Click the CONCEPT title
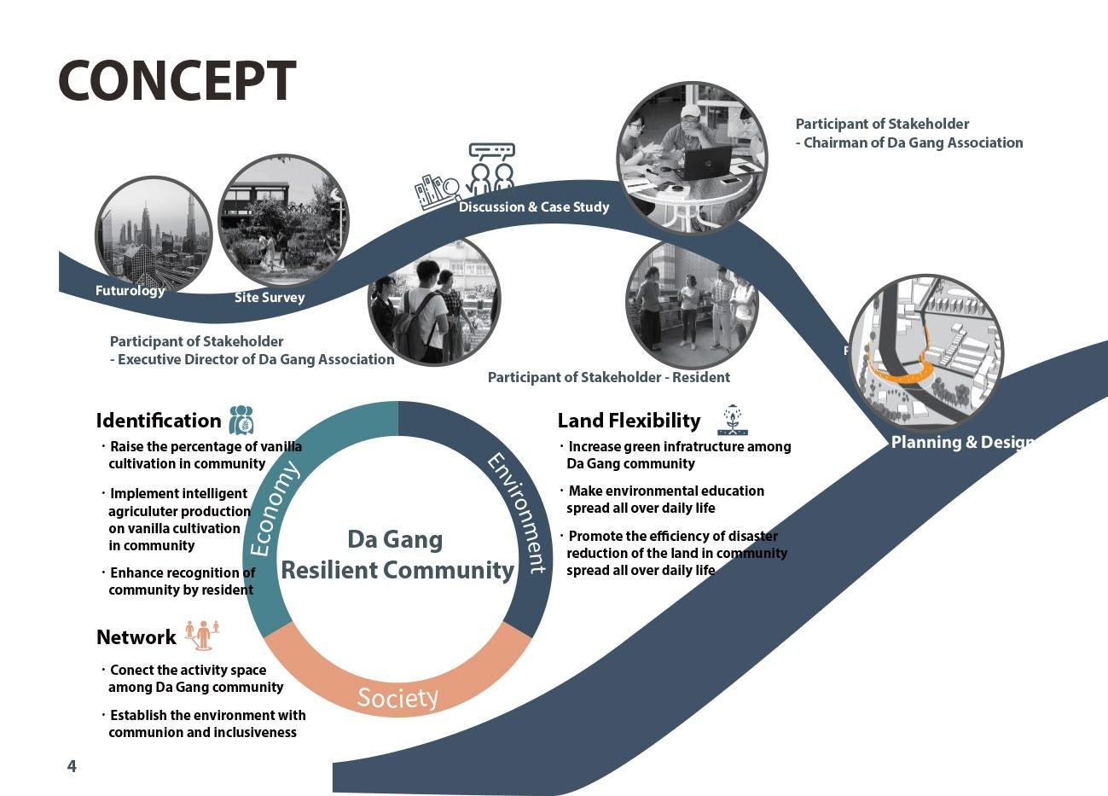(177, 81)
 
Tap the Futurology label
(130, 291)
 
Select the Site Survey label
(270, 298)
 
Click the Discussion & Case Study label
(534, 207)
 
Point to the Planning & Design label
(962, 442)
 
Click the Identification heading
(159, 421)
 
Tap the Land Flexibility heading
(629, 421)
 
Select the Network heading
(136, 637)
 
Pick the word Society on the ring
(397, 698)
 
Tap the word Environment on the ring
(517, 513)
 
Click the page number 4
(72, 766)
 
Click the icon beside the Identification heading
(241, 420)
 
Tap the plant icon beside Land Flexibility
(732, 420)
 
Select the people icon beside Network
(202, 635)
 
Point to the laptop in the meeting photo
(704, 162)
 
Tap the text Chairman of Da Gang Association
(913, 142)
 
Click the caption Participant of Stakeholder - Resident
(609, 377)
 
